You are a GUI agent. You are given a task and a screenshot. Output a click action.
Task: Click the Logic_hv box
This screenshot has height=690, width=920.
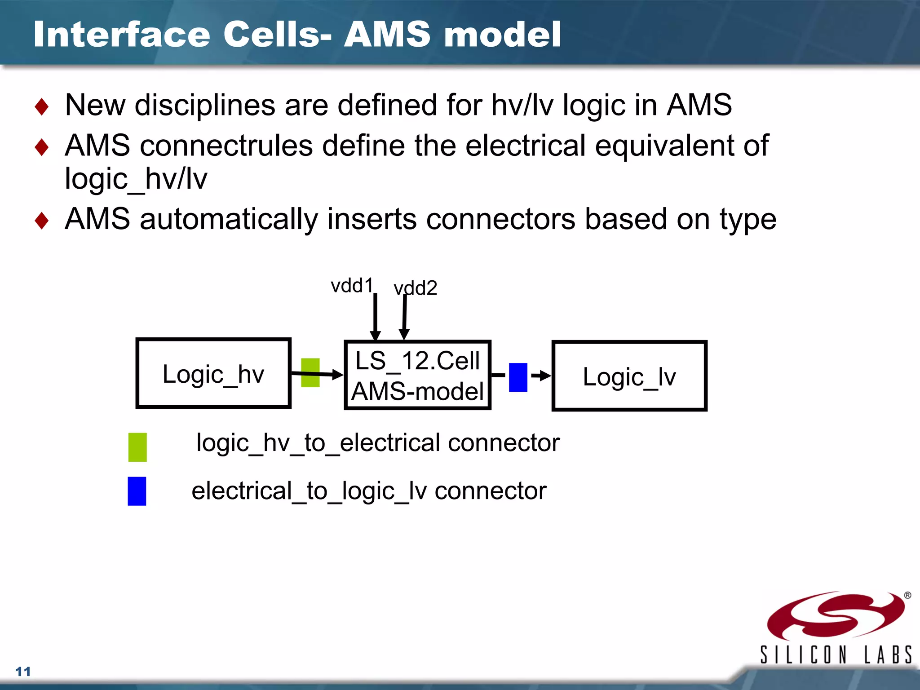click(213, 373)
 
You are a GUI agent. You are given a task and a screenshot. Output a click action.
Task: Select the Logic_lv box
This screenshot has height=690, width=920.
click(629, 376)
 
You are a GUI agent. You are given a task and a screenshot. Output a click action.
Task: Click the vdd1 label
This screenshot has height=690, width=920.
click(352, 286)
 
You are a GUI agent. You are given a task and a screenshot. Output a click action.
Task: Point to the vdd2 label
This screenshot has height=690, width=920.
click(415, 288)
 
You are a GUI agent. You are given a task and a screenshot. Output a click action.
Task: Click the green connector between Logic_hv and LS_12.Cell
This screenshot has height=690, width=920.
click(310, 372)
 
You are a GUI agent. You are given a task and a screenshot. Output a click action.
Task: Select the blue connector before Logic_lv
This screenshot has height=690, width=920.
click(517, 377)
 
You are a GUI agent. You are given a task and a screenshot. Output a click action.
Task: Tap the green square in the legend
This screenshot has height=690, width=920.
click(137, 447)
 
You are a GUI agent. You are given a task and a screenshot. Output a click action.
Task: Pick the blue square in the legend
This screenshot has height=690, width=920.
click(137, 491)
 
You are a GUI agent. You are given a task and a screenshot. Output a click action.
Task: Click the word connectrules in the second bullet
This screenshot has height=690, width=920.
click(226, 146)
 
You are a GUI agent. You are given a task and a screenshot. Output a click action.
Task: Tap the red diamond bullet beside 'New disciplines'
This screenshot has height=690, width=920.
click(42, 107)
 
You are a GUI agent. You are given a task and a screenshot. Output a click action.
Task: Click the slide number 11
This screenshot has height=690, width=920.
click(23, 672)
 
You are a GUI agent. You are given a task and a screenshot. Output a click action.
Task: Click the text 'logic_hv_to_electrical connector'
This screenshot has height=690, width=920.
click(378, 443)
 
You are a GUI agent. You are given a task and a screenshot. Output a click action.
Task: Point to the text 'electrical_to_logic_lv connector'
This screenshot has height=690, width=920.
click(369, 491)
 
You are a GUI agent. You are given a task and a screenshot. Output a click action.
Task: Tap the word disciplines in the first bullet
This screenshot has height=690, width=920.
click(205, 105)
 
